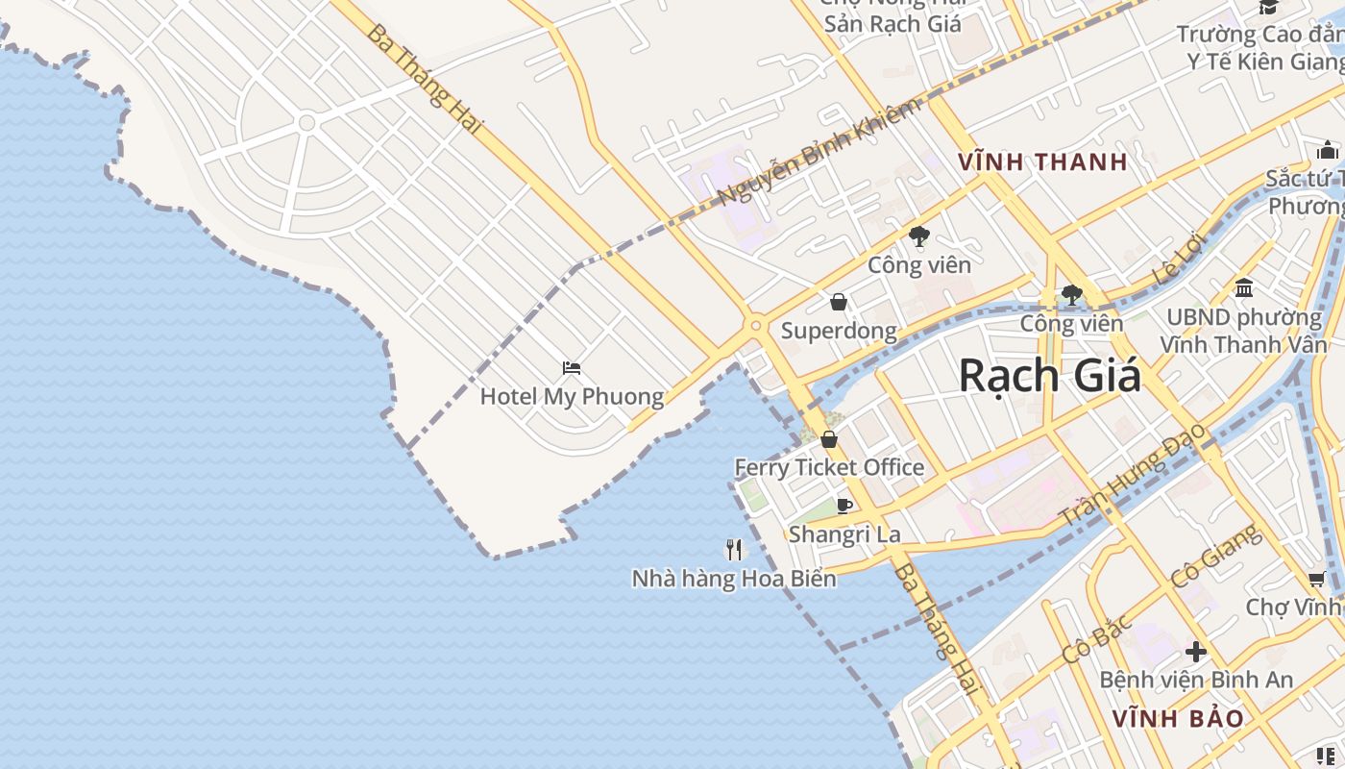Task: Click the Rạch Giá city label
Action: [1050, 375]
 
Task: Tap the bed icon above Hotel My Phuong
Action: [572, 368]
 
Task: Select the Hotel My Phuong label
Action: [572, 396]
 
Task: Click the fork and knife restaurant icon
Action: [735, 550]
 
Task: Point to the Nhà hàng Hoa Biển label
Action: [734, 579]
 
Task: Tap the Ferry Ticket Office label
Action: [829, 468]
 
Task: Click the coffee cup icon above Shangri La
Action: [844, 506]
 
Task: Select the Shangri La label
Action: [844, 534]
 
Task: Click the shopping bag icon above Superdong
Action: [839, 303]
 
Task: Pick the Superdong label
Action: [839, 332]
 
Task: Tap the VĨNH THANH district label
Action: [1042, 162]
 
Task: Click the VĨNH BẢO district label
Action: [1178, 718]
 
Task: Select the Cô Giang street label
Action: [1214, 557]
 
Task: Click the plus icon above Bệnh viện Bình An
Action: [1195, 652]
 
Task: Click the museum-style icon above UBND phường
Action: [1244, 287]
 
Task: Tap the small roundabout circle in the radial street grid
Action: [307, 123]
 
